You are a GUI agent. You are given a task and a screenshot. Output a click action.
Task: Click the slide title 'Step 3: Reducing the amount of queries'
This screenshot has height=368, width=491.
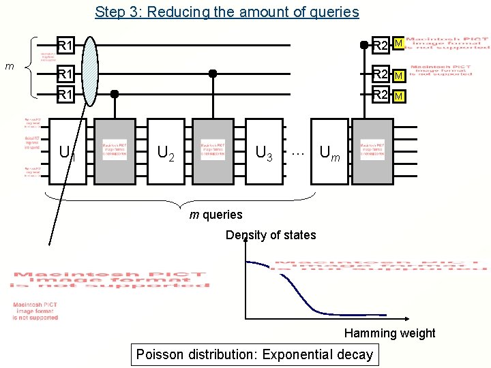(x=226, y=12)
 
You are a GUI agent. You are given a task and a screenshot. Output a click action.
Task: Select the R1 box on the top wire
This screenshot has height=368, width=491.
(x=65, y=46)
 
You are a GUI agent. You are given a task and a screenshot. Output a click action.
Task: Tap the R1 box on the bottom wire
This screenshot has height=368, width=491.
(x=65, y=95)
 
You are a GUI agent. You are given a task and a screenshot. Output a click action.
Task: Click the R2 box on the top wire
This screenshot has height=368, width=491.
(x=380, y=46)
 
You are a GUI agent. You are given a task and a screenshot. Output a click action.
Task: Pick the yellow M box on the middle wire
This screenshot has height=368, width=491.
(x=400, y=74)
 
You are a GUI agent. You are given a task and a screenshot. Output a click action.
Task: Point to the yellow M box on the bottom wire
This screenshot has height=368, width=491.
(x=400, y=96)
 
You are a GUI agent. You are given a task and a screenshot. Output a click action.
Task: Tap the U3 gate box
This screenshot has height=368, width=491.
(x=263, y=151)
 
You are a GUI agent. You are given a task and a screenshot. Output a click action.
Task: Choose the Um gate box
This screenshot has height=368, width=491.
(x=329, y=151)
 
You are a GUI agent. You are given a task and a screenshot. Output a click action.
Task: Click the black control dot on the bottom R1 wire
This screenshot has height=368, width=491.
(x=115, y=94)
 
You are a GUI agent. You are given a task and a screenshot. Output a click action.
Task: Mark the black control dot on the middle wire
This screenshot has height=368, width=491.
(x=213, y=73)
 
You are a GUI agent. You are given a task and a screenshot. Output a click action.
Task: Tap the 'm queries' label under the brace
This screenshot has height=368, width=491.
(x=215, y=215)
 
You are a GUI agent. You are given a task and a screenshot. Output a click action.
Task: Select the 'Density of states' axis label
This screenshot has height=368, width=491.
(x=271, y=235)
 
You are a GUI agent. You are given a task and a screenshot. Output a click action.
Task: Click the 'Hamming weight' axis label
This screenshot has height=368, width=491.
(x=389, y=333)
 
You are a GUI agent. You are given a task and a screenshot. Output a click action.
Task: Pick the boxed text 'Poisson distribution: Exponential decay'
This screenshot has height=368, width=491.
(x=254, y=354)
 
